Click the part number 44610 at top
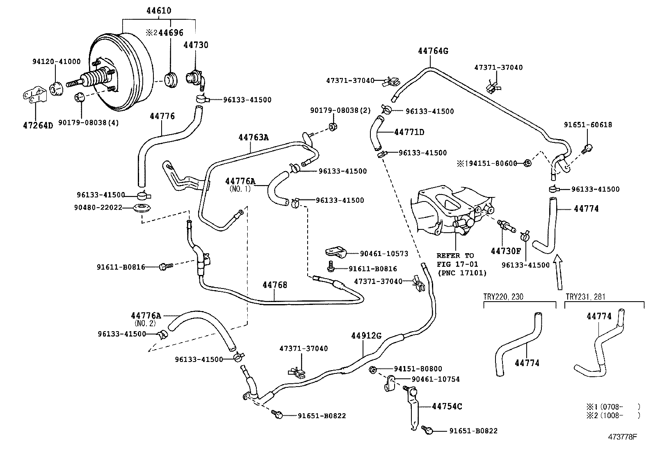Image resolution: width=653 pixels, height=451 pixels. pos(159,11)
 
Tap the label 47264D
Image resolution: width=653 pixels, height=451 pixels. pos(38,125)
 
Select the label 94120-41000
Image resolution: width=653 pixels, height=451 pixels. pos(57,62)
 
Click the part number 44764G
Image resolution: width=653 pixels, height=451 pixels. pos(433,51)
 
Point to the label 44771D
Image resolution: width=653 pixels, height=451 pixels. pos(409,132)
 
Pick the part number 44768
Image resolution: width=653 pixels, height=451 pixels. pos(275,285)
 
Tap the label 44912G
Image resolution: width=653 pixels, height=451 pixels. pos(366,336)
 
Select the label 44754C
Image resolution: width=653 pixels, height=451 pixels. pos(447,406)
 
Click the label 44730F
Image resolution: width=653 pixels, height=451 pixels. pos(506,251)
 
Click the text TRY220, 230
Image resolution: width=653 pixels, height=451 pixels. pos(503,297)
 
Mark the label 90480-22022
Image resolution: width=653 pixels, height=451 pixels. pos(98,208)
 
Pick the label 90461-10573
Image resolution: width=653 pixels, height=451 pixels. pos(384,254)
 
